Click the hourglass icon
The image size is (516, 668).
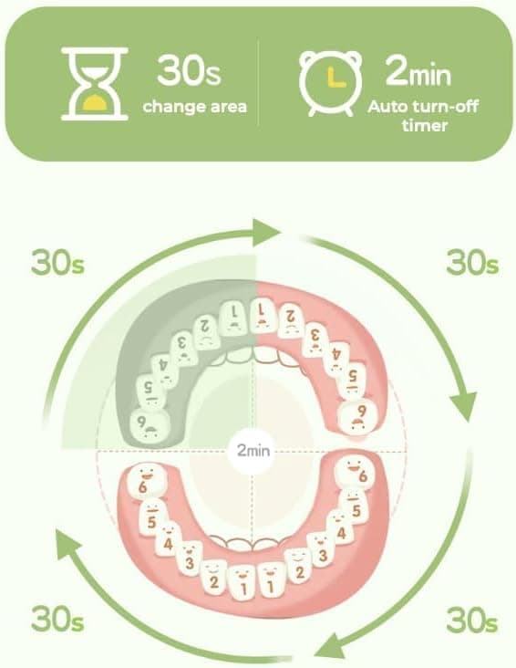(95, 84)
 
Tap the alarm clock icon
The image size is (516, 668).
(331, 84)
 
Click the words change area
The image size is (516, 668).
(194, 106)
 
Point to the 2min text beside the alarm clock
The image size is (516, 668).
(418, 71)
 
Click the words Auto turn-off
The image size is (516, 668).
(423, 107)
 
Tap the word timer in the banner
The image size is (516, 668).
(425, 126)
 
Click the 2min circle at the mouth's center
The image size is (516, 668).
(253, 450)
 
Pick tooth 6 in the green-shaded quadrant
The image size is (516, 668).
(149, 427)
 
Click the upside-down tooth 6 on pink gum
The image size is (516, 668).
(359, 416)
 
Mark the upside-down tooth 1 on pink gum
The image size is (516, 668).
(263, 317)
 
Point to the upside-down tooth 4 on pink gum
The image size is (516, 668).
(336, 359)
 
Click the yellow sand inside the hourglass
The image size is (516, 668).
(94, 103)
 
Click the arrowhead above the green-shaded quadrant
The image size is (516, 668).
(266, 233)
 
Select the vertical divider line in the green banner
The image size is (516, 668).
(258, 83)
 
